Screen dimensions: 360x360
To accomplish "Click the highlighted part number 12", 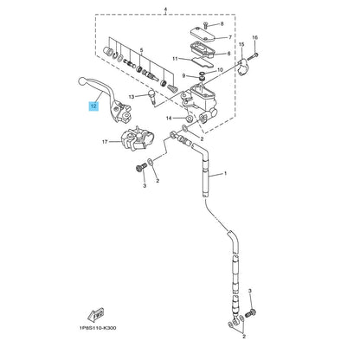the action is pyautogui.click(x=93, y=106).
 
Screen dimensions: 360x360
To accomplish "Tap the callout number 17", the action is pyautogui.click(x=105, y=142).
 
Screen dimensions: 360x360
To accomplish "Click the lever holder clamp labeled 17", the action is pyautogui.click(x=137, y=140).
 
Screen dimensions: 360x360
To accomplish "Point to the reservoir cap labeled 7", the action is pyautogui.click(x=202, y=34).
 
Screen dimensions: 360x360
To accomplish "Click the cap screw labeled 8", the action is pyautogui.click(x=205, y=25).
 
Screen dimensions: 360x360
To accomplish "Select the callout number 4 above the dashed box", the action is pyautogui.click(x=165, y=10).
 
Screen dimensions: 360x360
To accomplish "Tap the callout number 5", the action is pyautogui.click(x=141, y=50).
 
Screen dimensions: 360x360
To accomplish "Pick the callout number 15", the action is pyautogui.click(x=241, y=44).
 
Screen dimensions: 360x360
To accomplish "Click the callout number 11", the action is pyautogui.click(x=175, y=59).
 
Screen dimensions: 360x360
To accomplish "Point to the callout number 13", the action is pyautogui.click(x=132, y=97).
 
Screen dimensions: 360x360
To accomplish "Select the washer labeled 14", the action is pyautogui.click(x=189, y=118).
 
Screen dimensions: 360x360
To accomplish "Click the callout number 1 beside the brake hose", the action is pyautogui.click(x=225, y=173).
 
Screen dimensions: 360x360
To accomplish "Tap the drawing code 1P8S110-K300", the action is pyautogui.click(x=98, y=328).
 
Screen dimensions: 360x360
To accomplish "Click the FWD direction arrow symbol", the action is pyautogui.click(x=96, y=315).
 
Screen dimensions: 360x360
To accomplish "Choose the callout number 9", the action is pyautogui.click(x=183, y=75).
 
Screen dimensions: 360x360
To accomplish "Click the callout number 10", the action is pyautogui.click(x=220, y=70).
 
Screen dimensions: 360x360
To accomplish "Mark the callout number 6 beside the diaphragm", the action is pyautogui.click(x=229, y=54).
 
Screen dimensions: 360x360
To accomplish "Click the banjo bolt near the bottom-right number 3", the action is pyautogui.click(x=251, y=312).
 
